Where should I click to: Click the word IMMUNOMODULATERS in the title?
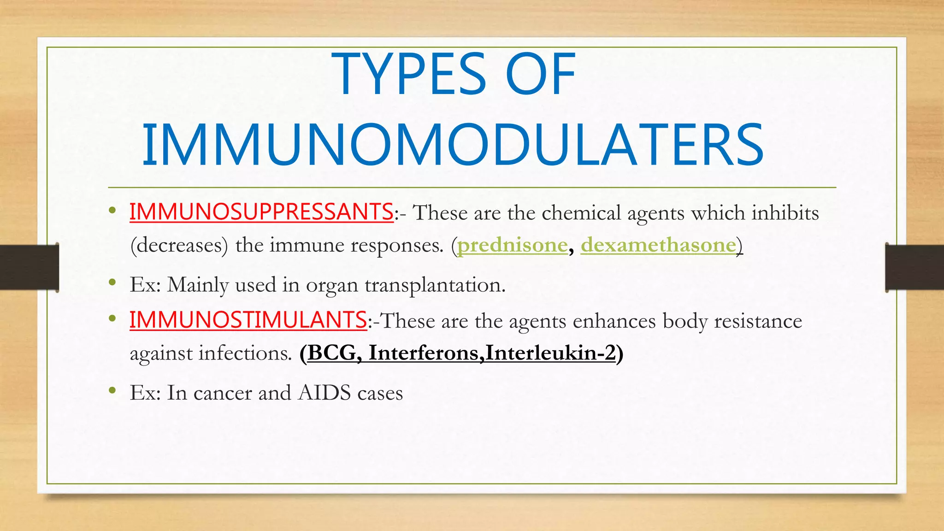point(453,145)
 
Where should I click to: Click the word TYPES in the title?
point(409,75)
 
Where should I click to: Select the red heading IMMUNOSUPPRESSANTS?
point(261,212)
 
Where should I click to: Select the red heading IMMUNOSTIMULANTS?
point(248,320)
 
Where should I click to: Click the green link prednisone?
point(512,245)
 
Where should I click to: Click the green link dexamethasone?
point(658,245)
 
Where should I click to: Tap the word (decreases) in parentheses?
point(179,245)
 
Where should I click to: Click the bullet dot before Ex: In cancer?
point(112,391)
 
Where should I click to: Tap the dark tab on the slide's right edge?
point(914,267)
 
